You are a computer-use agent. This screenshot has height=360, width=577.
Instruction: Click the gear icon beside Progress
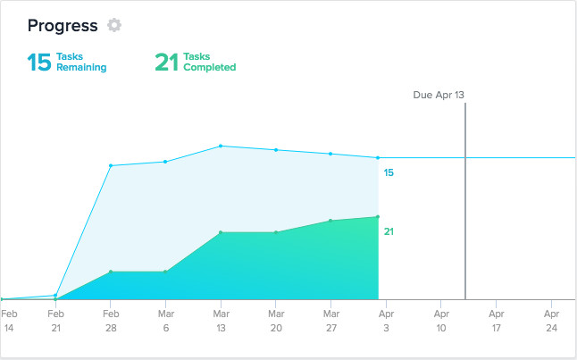(x=113, y=25)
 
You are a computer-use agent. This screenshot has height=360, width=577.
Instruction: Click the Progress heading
(x=62, y=25)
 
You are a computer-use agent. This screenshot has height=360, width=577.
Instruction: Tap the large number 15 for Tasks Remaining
(x=38, y=62)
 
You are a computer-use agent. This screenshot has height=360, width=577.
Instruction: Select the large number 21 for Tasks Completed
(x=167, y=62)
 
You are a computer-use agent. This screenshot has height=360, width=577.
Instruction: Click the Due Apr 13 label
(x=439, y=95)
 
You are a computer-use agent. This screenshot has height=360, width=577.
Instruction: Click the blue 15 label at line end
(x=389, y=172)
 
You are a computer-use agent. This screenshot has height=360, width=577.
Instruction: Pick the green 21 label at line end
(x=389, y=231)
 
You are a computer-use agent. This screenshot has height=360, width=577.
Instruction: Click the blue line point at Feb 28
(x=111, y=165)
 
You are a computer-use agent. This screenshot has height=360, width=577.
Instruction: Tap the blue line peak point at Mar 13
(x=221, y=146)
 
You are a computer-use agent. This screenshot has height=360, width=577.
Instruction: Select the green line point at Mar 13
(x=221, y=232)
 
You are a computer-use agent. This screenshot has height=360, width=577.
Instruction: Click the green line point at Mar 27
(x=331, y=221)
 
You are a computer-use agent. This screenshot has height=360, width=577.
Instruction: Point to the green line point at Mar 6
(x=165, y=272)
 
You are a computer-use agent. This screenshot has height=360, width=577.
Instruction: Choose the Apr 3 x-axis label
(x=386, y=321)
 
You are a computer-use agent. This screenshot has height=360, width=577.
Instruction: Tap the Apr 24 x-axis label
(x=552, y=321)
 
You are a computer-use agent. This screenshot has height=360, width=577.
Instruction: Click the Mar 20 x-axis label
(x=276, y=321)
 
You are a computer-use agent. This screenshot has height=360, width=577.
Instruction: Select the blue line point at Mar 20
(x=276, y=149)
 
